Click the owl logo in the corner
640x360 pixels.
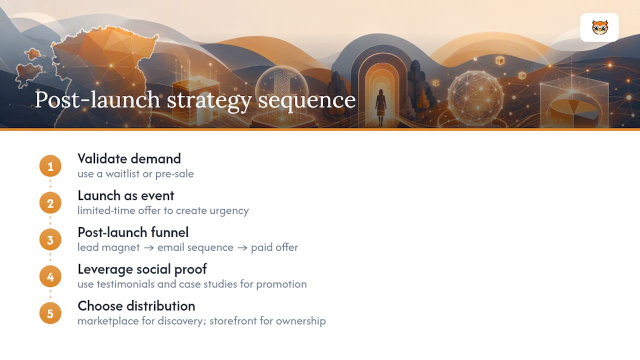click(599, 27)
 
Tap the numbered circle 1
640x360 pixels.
click(50, 166)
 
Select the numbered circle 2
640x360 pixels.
click(50, 203)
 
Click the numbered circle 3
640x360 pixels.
click(50, 239)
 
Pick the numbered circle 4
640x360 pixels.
click(50, 276)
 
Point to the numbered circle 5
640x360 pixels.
click(50, 313)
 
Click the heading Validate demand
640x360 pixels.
click(129, 159)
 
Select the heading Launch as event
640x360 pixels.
click(125, 195)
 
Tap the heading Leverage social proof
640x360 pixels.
click(142, 269)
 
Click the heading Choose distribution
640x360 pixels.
click(136, 306)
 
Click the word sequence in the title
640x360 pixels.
click(307, 100)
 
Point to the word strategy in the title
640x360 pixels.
click(209, 100)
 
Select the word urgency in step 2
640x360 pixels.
click(229, 211)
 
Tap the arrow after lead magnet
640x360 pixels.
click(149, 247)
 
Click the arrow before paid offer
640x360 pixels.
click(242, 247)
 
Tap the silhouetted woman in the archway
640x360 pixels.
click(381, 107)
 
